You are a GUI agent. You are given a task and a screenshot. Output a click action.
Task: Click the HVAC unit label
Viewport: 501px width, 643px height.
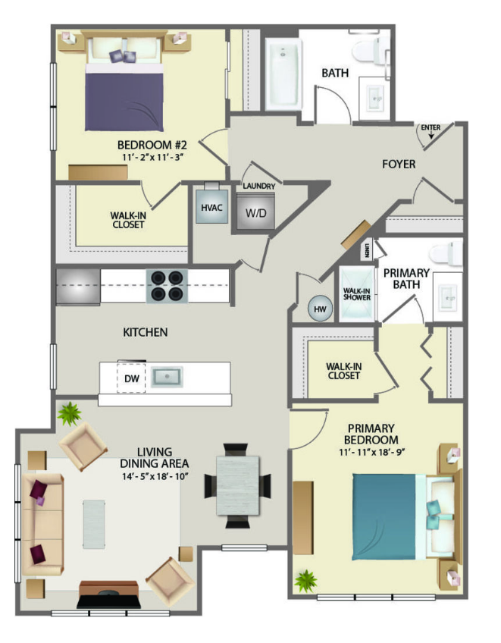click(x=211, y=208)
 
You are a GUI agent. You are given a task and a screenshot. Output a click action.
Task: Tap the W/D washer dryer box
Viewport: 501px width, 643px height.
click(x=256, y=212)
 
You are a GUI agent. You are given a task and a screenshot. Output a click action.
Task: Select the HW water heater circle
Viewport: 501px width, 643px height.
click(x=320, y=309)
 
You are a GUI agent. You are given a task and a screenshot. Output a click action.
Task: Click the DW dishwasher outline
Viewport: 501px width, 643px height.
click(x=131, y=378)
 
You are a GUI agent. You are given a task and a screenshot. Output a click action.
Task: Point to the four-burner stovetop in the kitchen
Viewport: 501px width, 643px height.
click(x=167, y=286)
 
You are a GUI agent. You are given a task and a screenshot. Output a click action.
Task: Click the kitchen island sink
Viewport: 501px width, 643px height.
click(x=167, y=377)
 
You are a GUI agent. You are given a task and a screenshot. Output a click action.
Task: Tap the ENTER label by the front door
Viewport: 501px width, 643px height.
click(x=431, y=127)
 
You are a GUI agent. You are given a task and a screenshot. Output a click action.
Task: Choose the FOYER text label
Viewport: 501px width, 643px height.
click(x=399, y=164)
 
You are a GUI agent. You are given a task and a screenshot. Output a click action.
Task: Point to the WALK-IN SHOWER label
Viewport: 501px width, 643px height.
click(x=357, y=294)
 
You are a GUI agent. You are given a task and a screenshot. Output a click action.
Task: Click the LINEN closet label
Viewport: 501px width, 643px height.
click(x=367, y=249)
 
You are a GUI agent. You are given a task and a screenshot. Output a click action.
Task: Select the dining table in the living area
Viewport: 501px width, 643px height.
click(x=238, y=485)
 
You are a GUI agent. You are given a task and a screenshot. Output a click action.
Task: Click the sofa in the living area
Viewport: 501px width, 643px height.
click(x=42, y=525)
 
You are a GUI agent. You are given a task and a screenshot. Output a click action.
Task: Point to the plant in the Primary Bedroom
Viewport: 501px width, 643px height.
click(x=306, y=580)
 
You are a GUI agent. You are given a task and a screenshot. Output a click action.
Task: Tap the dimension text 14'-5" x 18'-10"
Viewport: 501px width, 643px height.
click(x=155, y=476)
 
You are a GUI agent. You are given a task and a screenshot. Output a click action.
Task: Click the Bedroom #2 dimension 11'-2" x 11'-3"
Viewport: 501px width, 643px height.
click(x=152, y=157)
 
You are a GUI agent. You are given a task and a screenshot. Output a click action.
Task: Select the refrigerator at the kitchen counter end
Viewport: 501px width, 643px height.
click(x=78, y=287)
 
